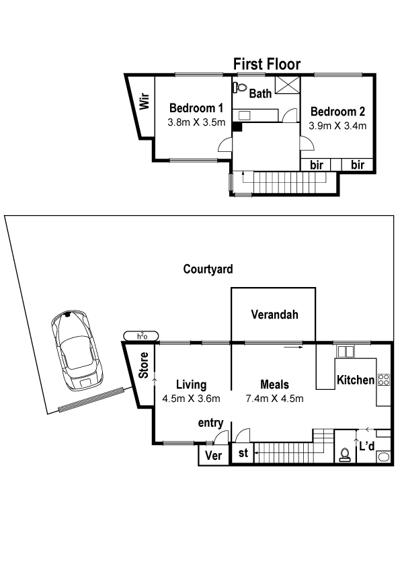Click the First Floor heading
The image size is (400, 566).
(267, 65)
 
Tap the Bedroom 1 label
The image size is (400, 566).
(196, 108)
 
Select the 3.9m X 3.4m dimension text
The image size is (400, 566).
(337, 126)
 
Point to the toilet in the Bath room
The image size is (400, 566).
(240, 87)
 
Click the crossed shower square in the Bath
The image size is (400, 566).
(287, 85)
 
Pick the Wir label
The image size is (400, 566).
(145, 102)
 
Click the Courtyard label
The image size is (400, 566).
(208, 269)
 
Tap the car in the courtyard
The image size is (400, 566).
(77, 350)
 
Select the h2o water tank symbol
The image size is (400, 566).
(141, 336)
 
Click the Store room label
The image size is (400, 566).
(144, 365)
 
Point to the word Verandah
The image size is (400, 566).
(275, 315)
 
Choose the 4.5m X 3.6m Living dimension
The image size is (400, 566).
(191, 399)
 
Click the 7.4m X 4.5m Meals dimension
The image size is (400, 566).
(274, 399)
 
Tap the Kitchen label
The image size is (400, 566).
(356, 380)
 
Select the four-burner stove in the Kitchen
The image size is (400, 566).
(383, 379)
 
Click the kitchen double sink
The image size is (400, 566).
(346, 352)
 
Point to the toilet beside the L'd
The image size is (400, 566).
(345, 455)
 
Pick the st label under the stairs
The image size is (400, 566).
(243, 452)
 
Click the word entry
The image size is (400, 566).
(210, 423)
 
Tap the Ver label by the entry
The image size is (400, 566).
(213, 455)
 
